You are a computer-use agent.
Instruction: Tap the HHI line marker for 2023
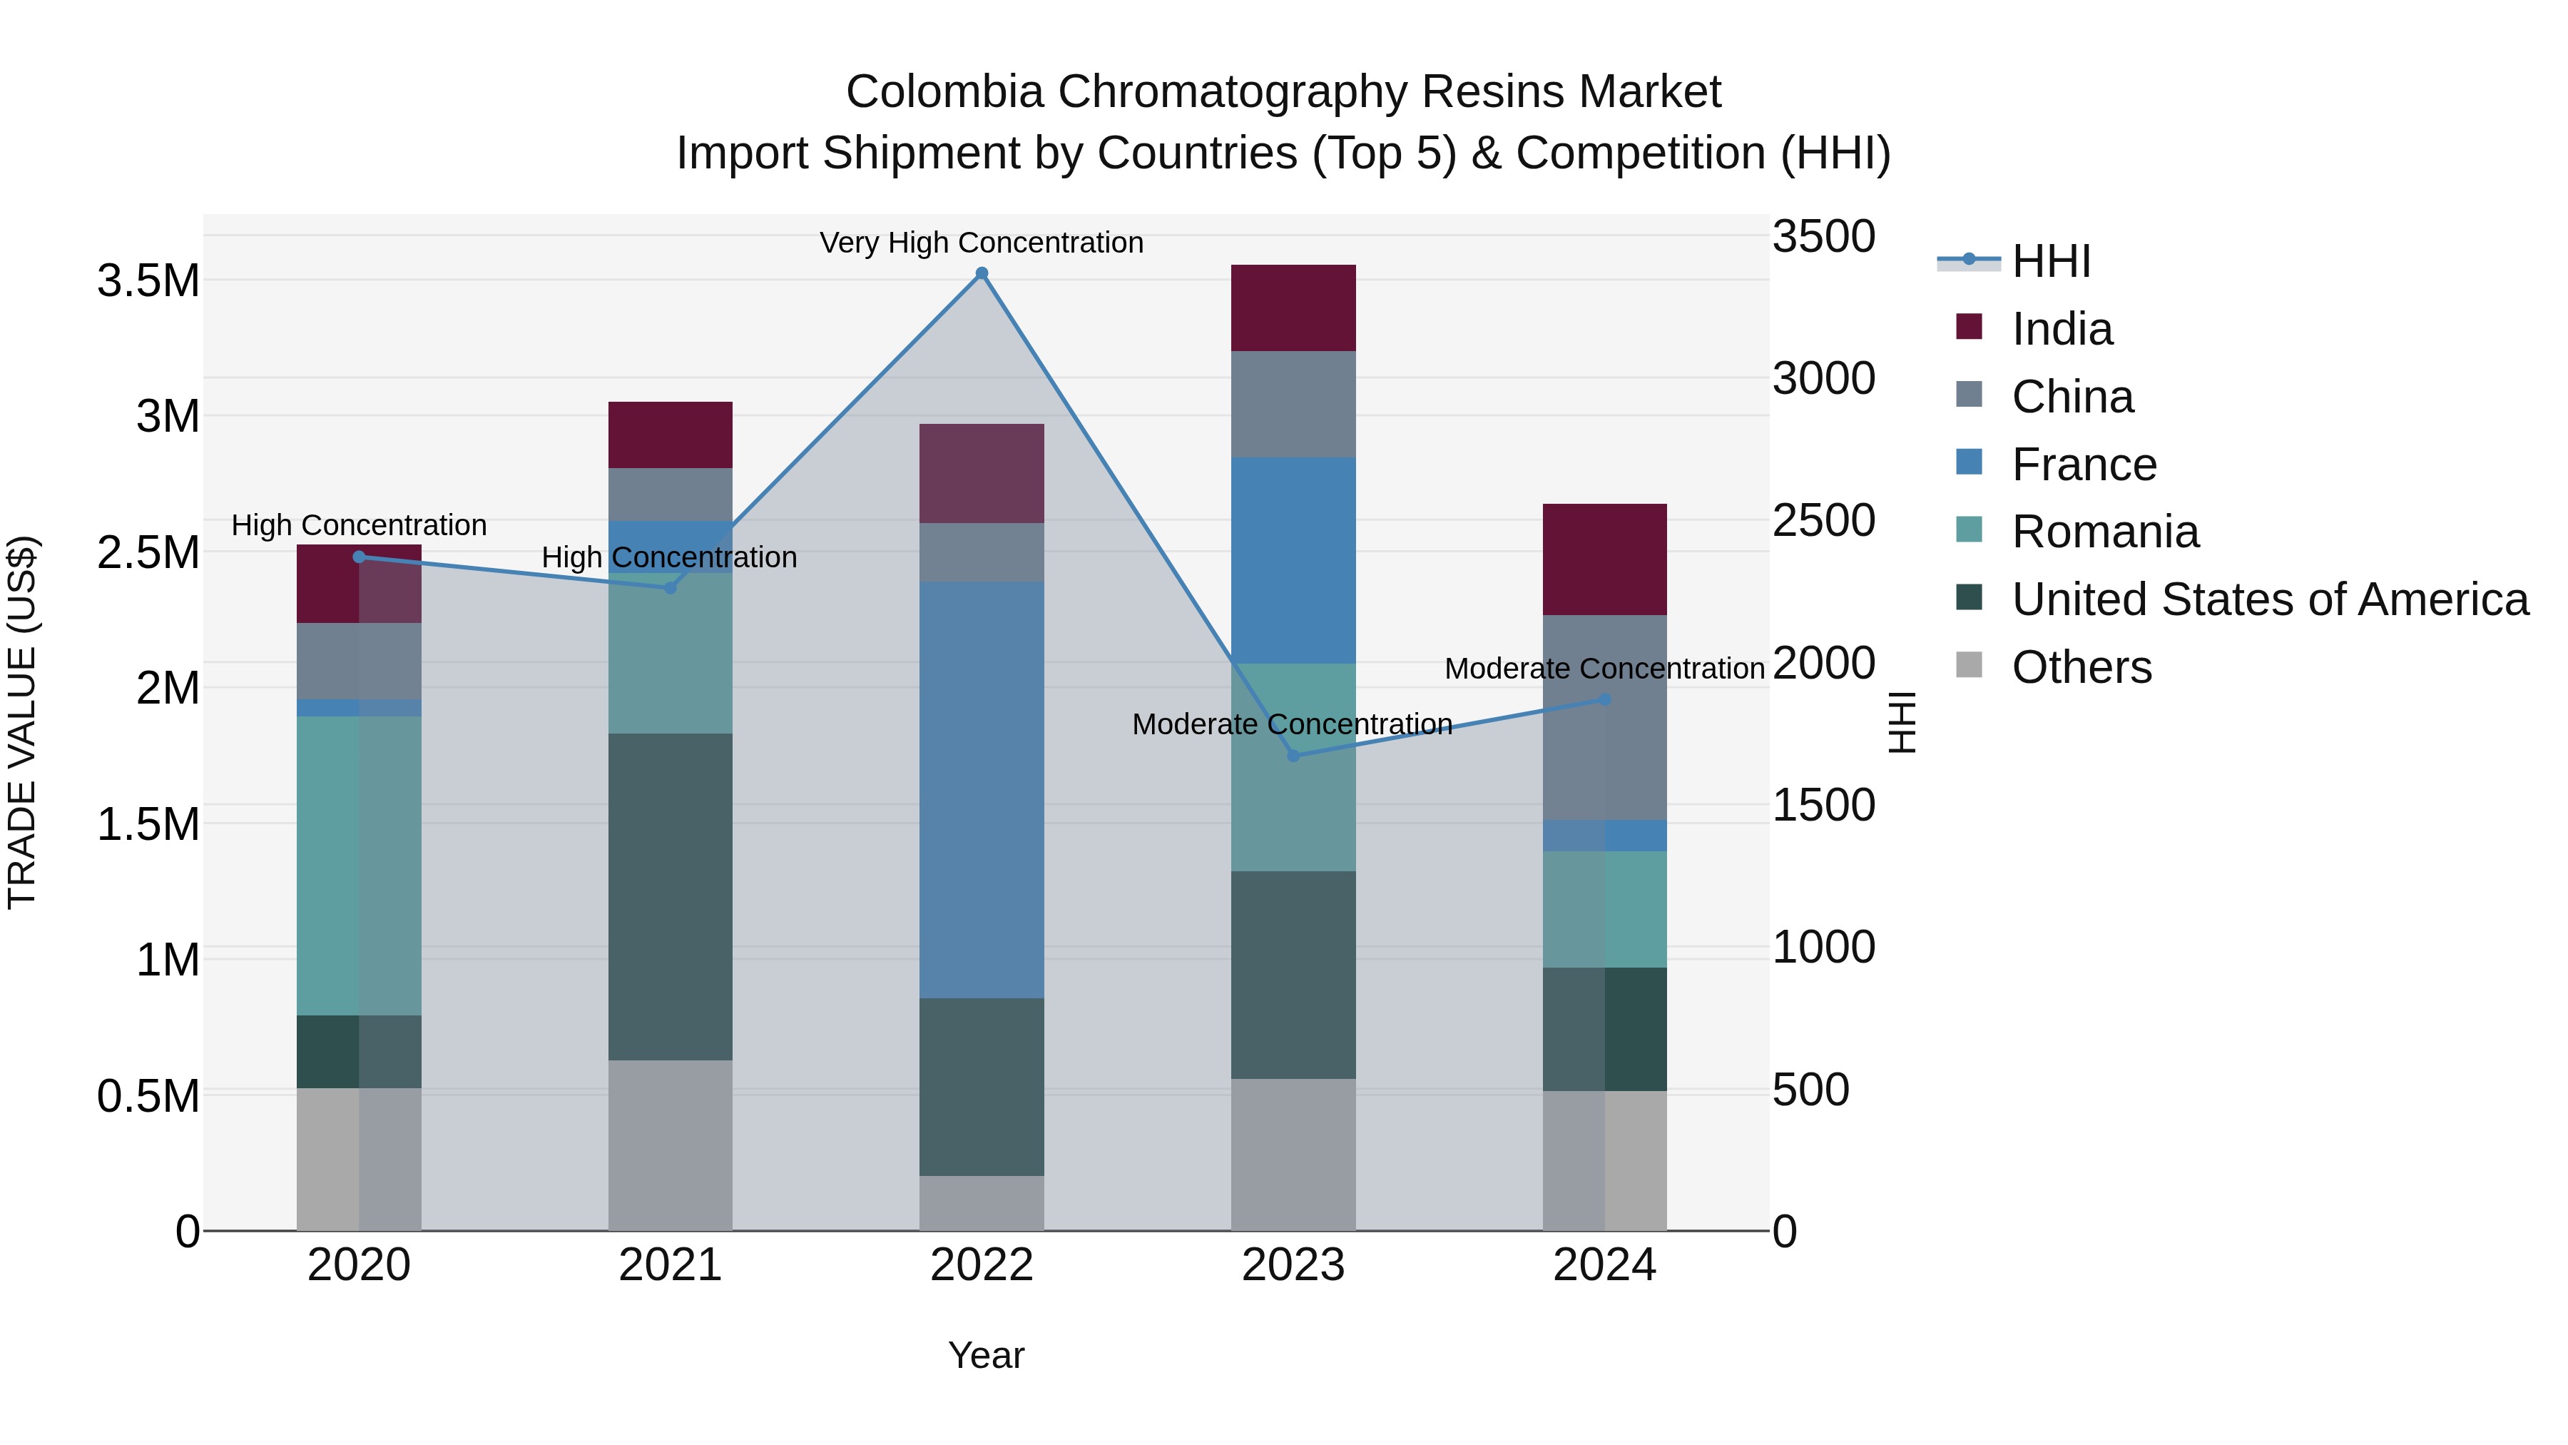tap(1293, 756)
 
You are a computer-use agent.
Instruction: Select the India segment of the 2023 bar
tap(1293, 308)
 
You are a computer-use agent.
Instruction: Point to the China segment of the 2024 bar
tap(1604, 717)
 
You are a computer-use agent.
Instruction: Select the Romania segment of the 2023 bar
tap(1293, 767)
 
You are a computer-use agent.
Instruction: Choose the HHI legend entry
tap(2051, 261)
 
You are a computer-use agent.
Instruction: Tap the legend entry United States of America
tap(2269, 599)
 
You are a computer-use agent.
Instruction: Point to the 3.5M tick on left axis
tap(148, 281)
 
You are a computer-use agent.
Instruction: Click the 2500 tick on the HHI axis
tap(1823, 521)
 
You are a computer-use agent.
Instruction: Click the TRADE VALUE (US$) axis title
tap(22, 722)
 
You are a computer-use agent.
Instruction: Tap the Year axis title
tap(986, 1355)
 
